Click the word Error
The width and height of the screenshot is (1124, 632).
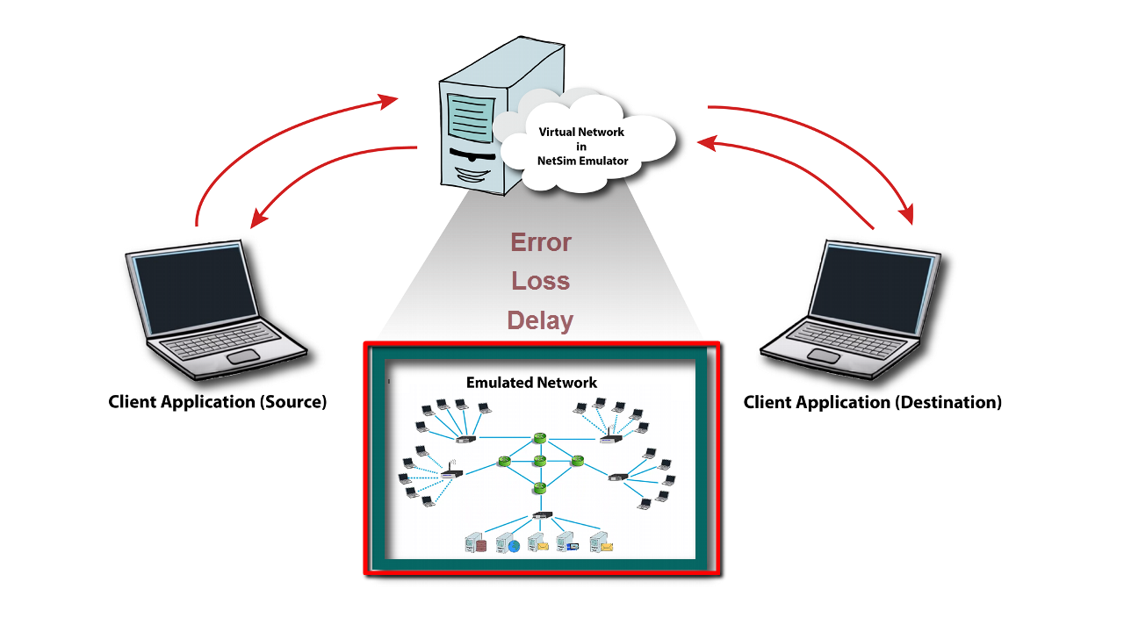click(541, 242)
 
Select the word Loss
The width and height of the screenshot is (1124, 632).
click(541, 282)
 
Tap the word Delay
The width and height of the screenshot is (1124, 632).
click(540, 320)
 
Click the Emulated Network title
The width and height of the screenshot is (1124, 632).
click(531, 383)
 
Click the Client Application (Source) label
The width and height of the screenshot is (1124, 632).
click(217, 402)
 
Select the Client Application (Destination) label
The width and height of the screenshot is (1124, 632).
click(872, 403)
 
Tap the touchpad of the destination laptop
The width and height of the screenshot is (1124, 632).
click(824, 355)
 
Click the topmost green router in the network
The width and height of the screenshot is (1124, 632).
click(539, 437)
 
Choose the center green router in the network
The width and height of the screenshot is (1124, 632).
click(539, 461)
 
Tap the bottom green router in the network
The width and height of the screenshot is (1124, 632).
click(539, 487)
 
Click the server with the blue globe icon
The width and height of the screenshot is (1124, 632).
click(508, 543)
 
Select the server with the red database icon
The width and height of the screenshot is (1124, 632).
click(476, 543)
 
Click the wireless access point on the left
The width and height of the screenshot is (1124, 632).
click(451, 472)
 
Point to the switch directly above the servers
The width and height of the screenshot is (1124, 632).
click(542, 515)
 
